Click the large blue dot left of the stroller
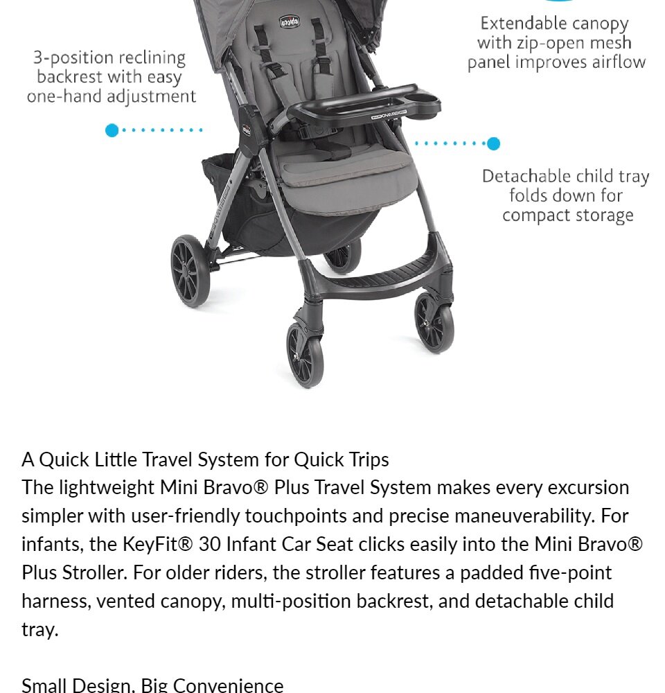pyautogui.click(x=112, y=130)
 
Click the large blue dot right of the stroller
pyautogui.click(x=494, y=143)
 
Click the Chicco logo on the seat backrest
pyautogui.click(x=290, y=21)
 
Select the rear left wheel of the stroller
pyautogui.click(x=190, y=270)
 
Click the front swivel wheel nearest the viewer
pyautogui.click(x=305, y=355)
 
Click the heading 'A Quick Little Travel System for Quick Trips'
pyautogui.click(x=206, y=460)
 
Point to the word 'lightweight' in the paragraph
pyautogui.click(x=107, y=488)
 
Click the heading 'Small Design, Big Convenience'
pyautogui.click(x=152, y=685)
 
